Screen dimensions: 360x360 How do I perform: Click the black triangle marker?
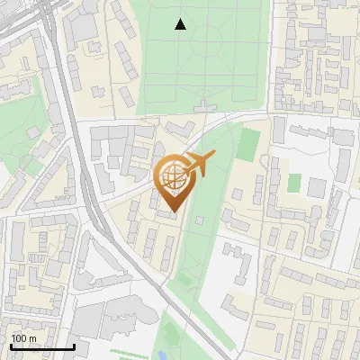[x=181, y=24]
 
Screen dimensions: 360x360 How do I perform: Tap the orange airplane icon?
[x=199, y=164]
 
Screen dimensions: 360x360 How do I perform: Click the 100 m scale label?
[x=23, y=338]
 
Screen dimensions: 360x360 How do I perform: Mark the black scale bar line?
[x=41, y=346]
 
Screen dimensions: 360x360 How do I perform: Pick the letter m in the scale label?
[x=32, y=338]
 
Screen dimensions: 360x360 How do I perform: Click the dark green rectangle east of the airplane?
[x=249, y=143]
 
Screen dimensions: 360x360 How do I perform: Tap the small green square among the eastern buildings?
[x=293, y=182]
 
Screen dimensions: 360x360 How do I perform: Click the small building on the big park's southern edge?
[x=208, y=106]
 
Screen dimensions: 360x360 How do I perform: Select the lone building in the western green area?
[x=33, y=132]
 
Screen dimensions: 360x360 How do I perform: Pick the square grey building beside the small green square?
[x=316, y=187]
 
